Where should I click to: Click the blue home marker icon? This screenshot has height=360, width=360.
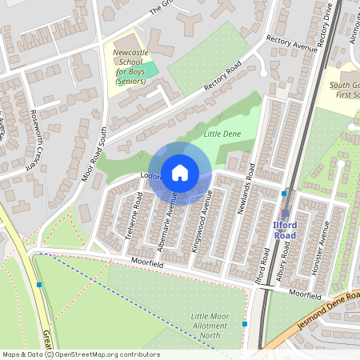click(x=180, y=173)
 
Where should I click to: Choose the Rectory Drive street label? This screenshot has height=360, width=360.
click(x=324, y=24)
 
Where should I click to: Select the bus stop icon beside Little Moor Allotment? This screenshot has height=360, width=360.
click(x=244, y=323)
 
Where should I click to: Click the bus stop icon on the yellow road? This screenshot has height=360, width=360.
click(x=38, y=285)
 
